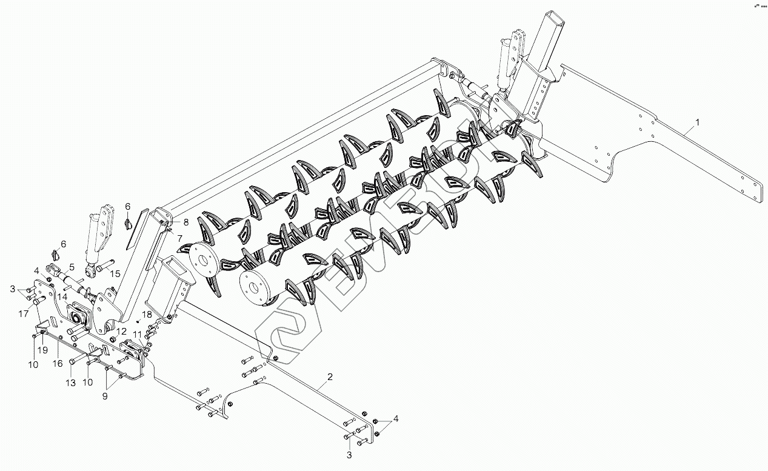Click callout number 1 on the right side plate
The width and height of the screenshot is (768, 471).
(x=698, y=122)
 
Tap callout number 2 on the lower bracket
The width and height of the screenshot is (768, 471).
(x=330, y=377)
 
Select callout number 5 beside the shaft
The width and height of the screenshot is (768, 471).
(x=72, y=266)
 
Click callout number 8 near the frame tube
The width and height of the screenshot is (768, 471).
(x=186, y=222)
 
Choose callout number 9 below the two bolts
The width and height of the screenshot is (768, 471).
(x=105, y=396)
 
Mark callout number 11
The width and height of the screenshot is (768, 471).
(x=137, y=335)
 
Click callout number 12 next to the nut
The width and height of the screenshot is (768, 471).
(x=121, y=331)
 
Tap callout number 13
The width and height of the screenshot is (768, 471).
(x=71, y=382)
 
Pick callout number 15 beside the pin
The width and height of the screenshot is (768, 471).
(x=115, y=273)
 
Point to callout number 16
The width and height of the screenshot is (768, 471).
(x=58, y=363)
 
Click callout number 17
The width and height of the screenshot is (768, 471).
(x=23, y=313)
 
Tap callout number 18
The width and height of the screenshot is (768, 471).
(x=146, y=314)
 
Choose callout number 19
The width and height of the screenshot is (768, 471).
(x=43, y=350)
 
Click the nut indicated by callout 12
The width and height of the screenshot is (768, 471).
(x=112, y=339)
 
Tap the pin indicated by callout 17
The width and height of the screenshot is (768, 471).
(x=38, y=302)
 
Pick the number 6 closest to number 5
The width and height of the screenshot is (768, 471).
(x=63, y=243)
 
